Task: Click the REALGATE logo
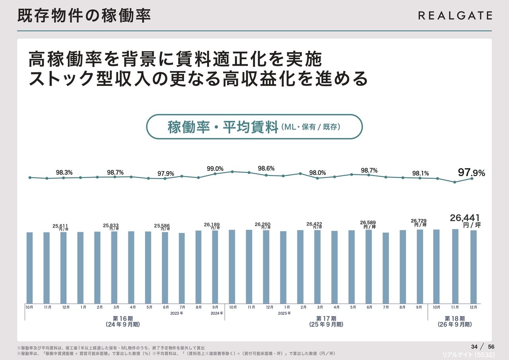[x=455, y=15]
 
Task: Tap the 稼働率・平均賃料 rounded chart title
[x=254, y=127]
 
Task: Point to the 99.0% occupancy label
[x=215, y=169]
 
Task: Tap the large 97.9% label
[x=471, y=172]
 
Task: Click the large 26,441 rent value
[x=465, y=217]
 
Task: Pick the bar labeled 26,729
[x=420, y=266]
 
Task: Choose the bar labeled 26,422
[x=317, y=267]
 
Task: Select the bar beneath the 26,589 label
[x=369, y=266]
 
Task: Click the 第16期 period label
[x=123, y=318]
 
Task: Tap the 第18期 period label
[x=454, y=318]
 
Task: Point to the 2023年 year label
[x=176, y=313]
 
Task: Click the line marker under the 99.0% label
[x=215, y=174]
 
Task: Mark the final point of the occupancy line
[x=472, y=178]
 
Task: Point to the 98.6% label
[x=266, y=168]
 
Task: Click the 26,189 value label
[x=212, y=225]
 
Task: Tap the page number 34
[x=474, y=346]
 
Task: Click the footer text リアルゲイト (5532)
[x=468, y=354]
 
